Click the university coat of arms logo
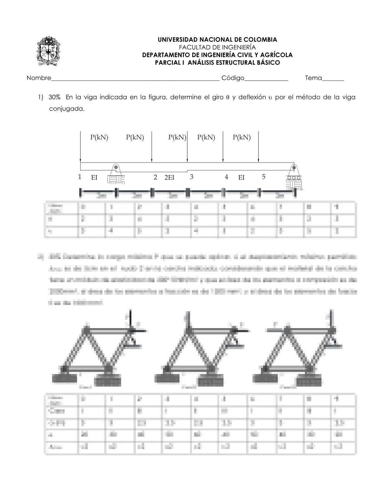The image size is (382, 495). tap(48, 51)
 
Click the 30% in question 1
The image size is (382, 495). tap(54, 97)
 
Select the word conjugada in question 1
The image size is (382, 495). tap(66, 109)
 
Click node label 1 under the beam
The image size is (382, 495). tap(80, 177)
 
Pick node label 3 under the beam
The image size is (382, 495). tap(192, 177)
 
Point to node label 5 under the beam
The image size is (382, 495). tap(263, 177)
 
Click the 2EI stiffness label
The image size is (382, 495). tap(169, 177)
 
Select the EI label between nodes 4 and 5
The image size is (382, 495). tap(241, 177)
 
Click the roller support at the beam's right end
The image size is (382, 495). tap(294, 177)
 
